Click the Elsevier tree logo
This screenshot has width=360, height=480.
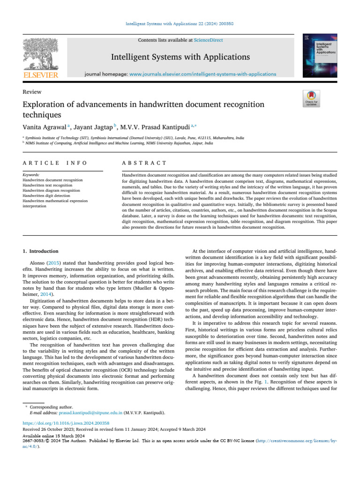tap(41, 52)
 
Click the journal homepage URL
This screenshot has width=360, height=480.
tap(202, 74)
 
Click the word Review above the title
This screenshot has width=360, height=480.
tap(32, 92)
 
